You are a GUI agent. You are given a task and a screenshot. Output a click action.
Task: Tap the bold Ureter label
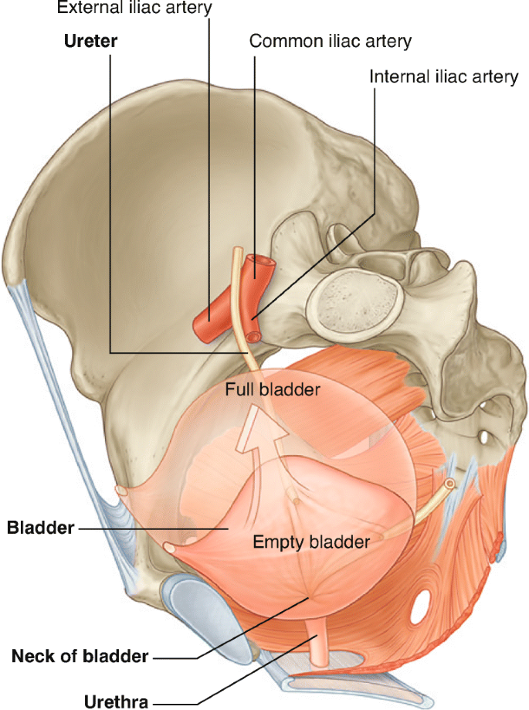point(90,41)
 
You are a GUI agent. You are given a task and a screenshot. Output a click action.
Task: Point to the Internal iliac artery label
point(443,78)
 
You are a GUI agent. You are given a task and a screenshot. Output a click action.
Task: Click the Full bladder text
point(272,389)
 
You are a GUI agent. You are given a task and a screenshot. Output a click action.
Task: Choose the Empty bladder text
point(311,541)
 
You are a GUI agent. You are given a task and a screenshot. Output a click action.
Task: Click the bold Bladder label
point(41,528)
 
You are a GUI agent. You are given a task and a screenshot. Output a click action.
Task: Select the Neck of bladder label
point(80,657)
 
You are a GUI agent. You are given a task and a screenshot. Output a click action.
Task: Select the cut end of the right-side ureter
point(449,484)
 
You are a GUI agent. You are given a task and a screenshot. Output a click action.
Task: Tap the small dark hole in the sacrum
point(484,437)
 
